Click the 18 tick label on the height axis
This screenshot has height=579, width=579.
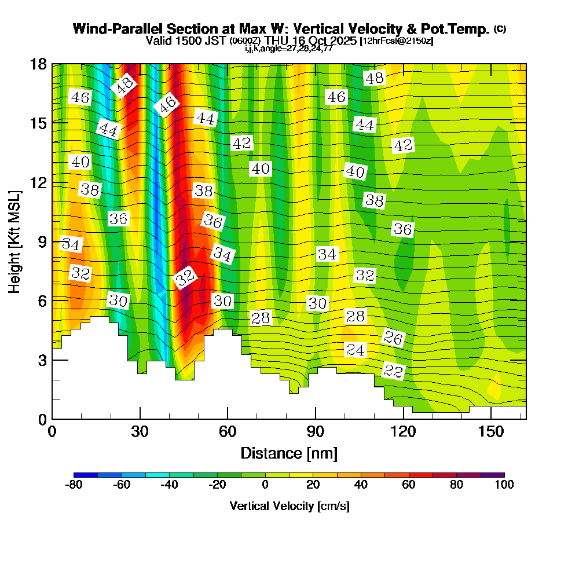pyautogui.click(x=38, y=64)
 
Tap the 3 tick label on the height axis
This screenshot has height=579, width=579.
pyautogui.click(x=42, y=360)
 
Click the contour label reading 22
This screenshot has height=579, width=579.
pyautogui.click(x=393, y=371)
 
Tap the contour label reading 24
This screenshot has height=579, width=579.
pyautogui.click(x=356, y=350)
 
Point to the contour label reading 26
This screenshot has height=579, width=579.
pyautogui.click(x=393, y=338)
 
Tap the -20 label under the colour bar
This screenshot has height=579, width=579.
pyautogui.click(x=217, y=485)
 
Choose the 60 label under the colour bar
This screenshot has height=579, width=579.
pyautogui.click(x=409, y=485)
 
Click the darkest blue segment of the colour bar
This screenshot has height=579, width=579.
pyautogui.click(x=86, y=475)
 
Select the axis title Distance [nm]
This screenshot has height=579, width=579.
pyautogui.click(x=289, y=453)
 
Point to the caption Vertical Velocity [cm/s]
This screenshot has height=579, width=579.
pyautogui.click(x=289, y=506)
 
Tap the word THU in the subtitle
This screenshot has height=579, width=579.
pyautogui.click(x=279, y=41)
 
